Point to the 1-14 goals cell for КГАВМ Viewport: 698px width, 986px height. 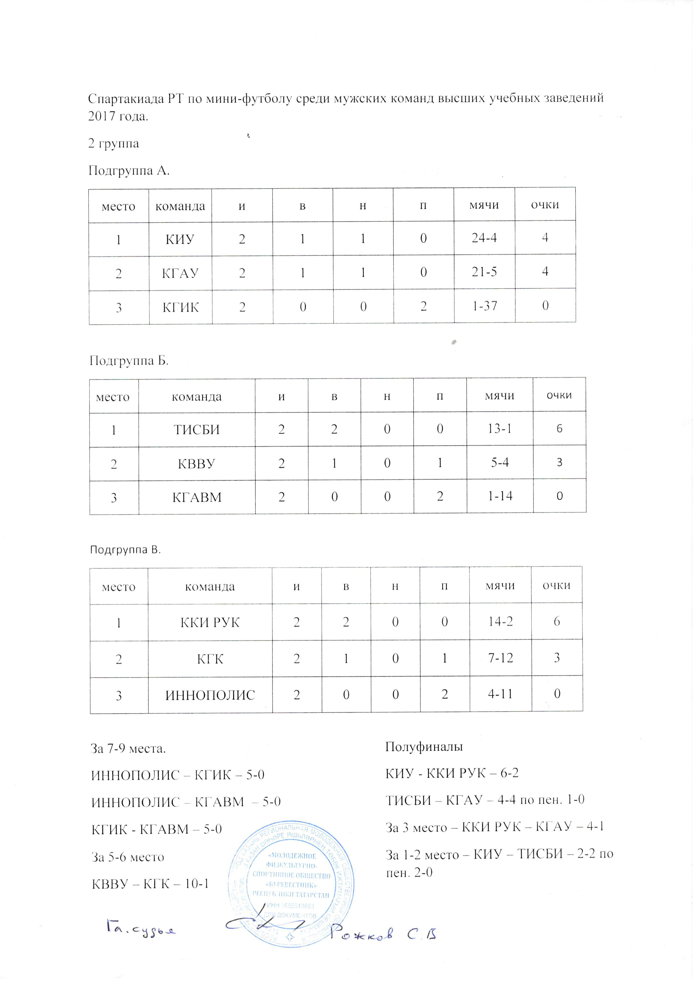(500, 497)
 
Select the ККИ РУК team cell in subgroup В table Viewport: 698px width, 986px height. (210, 622)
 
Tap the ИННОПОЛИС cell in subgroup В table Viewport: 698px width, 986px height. (210, 695)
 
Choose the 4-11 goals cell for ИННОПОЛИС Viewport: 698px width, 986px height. (500, 694)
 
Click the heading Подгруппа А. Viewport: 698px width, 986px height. (129, 171)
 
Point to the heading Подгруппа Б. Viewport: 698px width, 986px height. (129, 361)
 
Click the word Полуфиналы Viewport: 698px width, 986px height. (424, 747)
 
